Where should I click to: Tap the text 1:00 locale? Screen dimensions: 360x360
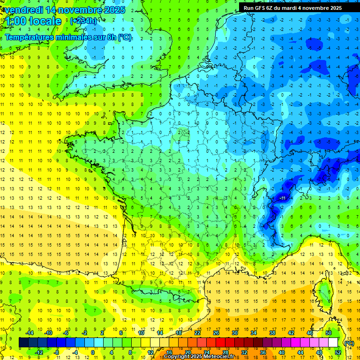(x=33, y=21)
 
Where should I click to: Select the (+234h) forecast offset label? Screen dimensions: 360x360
(x=83, y=21)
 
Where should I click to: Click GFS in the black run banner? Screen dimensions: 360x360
(x=262, y=8)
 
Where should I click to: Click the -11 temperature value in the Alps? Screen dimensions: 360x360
(x=282, y=198)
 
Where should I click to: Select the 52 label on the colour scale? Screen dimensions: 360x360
(x=337, y=352)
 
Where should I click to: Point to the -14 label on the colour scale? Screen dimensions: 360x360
(x=30, y=333)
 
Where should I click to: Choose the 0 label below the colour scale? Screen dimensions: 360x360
(x=93, y=352)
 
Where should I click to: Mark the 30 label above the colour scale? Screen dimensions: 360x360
(x=235, y=333)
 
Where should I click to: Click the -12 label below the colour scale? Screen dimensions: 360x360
(x=39, y=352)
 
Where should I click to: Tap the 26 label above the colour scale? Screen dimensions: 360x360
(x=216, y=333)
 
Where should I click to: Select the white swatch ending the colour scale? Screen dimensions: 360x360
(x=333, y=343)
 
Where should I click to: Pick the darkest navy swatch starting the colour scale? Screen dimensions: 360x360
(x=23, y=343)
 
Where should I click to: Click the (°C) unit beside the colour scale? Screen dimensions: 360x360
(x=349, y=343)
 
